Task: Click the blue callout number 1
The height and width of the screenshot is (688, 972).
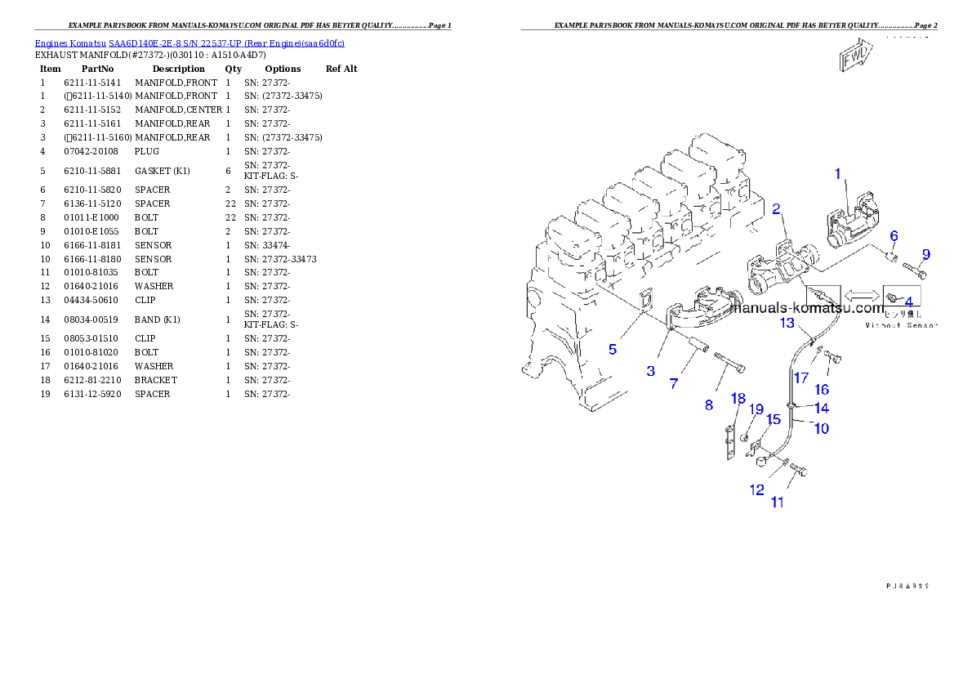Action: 837,173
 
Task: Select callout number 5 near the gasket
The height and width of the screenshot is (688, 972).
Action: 613,349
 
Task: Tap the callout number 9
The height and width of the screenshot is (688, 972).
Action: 925,253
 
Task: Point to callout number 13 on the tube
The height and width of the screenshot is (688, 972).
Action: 787,323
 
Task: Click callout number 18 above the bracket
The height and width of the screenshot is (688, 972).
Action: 738,399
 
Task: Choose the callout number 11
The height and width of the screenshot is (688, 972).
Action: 777,502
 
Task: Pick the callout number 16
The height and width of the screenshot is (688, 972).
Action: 822,389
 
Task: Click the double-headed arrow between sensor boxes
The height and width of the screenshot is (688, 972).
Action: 862,295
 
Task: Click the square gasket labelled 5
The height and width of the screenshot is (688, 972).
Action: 644,301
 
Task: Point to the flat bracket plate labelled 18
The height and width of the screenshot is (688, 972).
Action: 731,445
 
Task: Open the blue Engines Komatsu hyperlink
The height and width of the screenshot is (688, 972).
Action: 189,42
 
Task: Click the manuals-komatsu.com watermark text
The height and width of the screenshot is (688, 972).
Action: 806,309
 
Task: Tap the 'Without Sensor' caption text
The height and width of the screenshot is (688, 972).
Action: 901,325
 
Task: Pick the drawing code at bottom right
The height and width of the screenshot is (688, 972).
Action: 910,585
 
